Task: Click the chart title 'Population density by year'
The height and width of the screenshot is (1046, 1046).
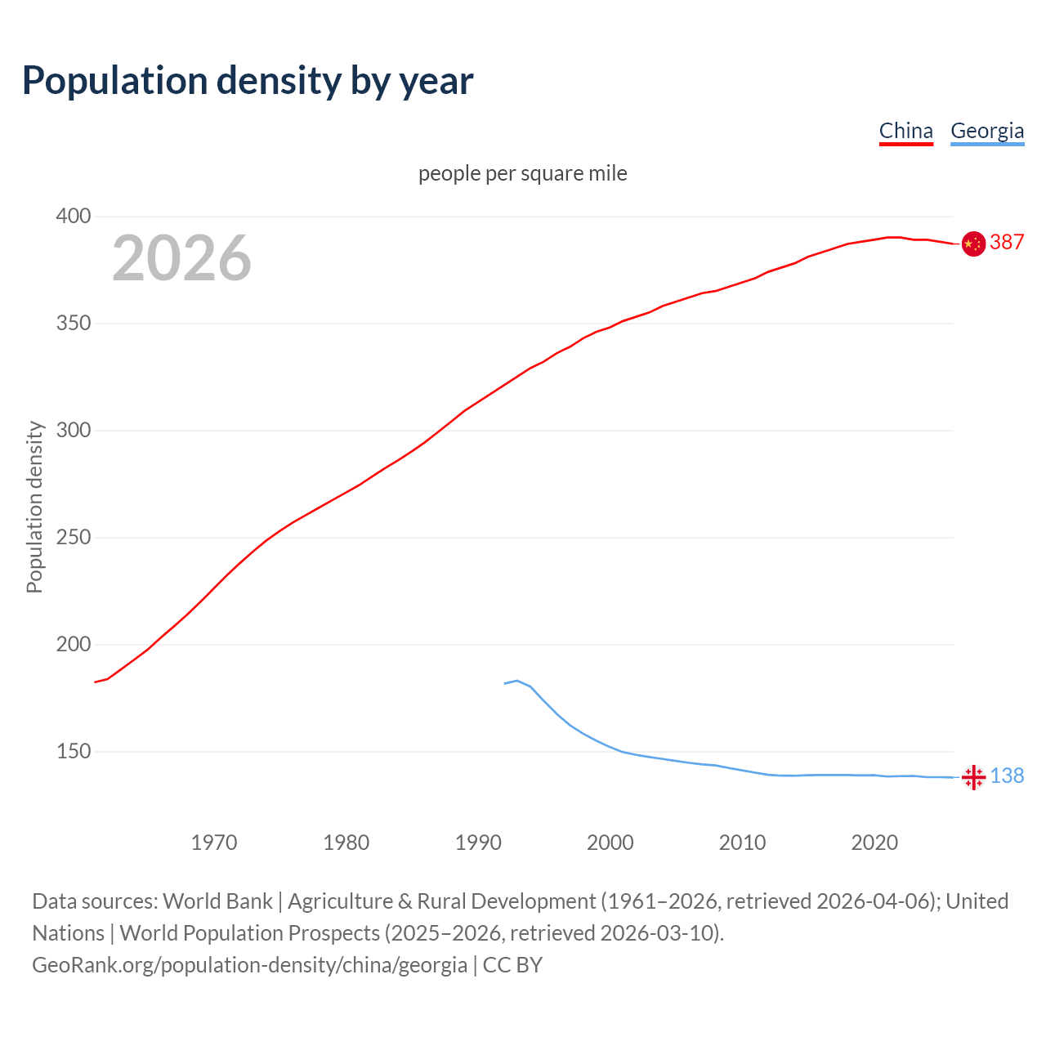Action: pyautogui.click(x=248, y=80)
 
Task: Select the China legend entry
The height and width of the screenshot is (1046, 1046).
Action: pyautogui.click(x=905, y=131)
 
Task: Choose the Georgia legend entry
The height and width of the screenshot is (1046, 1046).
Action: pyautogui.click(x=987, y=131)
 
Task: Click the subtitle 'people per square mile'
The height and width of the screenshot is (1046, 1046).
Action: pyautogui.click(x=523, y=173)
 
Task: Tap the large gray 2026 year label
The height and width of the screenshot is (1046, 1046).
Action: pyautogui.click(x=181, y=258)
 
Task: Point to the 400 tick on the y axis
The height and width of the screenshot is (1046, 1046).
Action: pyautogui.click(x=73, y=217)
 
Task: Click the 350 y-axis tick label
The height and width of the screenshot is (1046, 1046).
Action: pyautogui.click(x=73, y=324)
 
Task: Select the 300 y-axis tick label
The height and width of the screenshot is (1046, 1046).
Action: pyautogui.click(x=73, y=431)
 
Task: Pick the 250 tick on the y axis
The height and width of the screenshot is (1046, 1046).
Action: pyautogui.click(x=73, y=538)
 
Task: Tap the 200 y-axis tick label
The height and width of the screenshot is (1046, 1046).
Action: pyautogui.click(x=73, y=645)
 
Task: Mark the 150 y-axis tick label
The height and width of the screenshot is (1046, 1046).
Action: pyautogui.click(x=73, y=752)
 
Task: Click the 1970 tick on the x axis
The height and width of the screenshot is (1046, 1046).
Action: pyautogui.click(x=214, y=843)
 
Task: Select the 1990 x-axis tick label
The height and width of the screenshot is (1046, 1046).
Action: pyautogui.click(x=478, y=843)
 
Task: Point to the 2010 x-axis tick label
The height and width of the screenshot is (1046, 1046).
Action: pyautogui.click(x=742, y=843)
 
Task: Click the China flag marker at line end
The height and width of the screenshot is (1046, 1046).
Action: pyautogui.click(x=973, y=244)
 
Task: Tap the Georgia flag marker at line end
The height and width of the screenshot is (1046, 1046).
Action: pyautogui.click(x=973, y=777)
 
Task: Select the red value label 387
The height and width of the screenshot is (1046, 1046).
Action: pyautogui.click(x=1007, y=242)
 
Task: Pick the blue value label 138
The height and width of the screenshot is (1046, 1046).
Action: pyautogui.click(x=1007, y=776)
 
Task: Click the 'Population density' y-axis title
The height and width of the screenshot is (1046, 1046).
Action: pyautogui.click(x=34, y=507)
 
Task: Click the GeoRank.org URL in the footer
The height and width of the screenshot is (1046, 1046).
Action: pyautogui.click(x=249, y=965)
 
